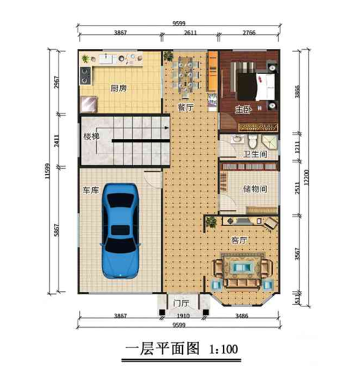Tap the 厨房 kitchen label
[119, 88]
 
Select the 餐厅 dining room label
[186, 108]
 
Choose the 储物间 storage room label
[255, 189]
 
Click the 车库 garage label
[91, 191]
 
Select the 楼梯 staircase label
[91, 137]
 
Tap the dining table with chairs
[186, 75]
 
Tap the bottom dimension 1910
[183, 316]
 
